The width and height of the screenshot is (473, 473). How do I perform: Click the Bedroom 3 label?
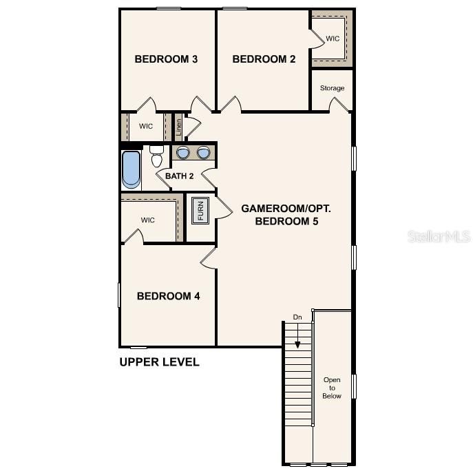[x=166, y=59]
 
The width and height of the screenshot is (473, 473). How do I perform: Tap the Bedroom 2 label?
[x=264, y=59]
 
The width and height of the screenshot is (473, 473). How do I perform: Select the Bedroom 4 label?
[x=168, y=296]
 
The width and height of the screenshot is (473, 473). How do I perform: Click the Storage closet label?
[x=332, y=88]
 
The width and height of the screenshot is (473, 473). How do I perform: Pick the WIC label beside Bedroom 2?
[x=333, y=39]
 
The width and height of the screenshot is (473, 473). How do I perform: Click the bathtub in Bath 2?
[x=131, y=169]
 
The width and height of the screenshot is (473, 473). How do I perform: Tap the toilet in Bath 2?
[x=156, y=158]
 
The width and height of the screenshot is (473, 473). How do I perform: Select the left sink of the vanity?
[x=183, y=153]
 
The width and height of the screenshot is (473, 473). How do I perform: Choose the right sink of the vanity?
[x=204, y=153]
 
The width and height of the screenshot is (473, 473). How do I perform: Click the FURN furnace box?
[x=200, y=209]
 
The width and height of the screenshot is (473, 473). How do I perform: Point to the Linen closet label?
[x=178, y=127]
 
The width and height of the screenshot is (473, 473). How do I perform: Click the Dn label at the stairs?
[x=297, y=317]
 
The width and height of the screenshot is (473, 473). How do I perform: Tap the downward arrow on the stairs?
[x=297, y=337]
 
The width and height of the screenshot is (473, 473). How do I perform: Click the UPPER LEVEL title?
[x=159, y=362]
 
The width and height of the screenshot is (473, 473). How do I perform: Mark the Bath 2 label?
[x=179, y=176]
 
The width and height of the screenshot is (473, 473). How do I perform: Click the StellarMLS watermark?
[x=439, y=236]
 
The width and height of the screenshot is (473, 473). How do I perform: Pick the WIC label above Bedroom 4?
[x=148, y=220]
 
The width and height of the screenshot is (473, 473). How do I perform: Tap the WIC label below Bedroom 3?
[x=146, y=126]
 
